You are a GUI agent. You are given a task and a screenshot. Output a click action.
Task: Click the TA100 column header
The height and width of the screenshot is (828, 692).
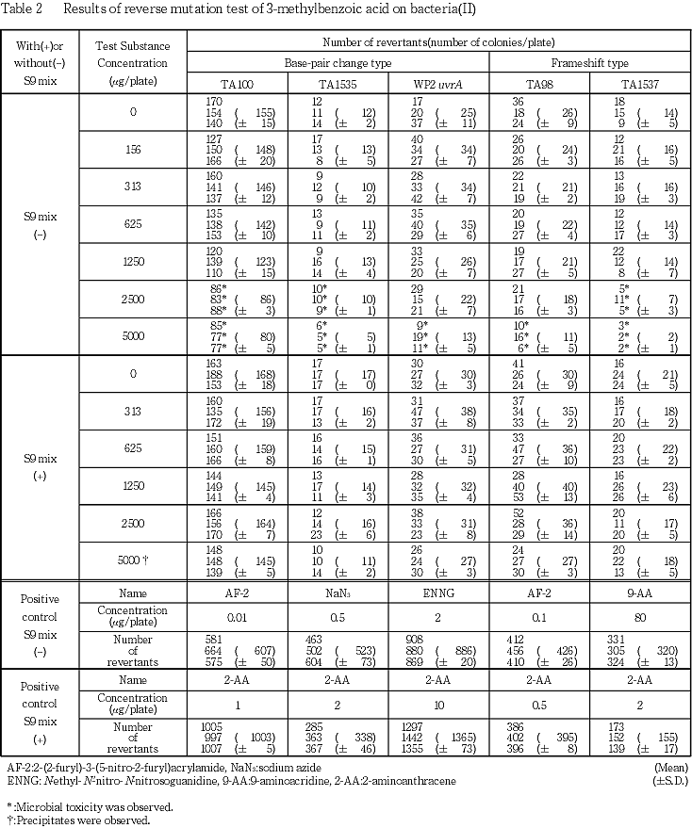click(239, 83)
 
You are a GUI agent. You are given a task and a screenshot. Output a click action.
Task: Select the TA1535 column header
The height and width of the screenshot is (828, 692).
click(338, 83)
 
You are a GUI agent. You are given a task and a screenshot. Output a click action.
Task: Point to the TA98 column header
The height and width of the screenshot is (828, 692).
click(539, 83)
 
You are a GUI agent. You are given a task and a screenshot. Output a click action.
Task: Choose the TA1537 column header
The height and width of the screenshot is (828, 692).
click(638, 83)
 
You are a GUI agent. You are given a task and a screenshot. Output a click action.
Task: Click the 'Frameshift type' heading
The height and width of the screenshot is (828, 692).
click(589, 62)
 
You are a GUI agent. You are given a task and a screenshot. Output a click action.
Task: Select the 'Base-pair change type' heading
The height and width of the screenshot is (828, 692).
click(338, 62)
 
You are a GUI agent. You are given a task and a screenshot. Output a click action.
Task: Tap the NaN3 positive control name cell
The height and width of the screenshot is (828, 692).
click(338, 593)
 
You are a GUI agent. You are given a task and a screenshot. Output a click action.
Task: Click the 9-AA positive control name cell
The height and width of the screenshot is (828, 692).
click(638, 593)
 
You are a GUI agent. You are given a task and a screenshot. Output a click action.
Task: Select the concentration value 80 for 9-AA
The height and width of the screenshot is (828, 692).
click(638, 616)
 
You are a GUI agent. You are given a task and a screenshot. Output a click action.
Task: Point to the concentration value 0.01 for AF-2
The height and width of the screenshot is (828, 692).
click(239, 616)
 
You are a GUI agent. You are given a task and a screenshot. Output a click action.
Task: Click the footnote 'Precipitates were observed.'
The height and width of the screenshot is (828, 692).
click(79, 820)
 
